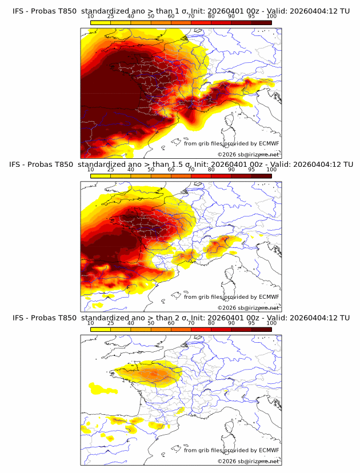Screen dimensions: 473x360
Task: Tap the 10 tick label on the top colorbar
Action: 90,17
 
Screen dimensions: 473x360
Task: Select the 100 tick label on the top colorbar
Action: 271,17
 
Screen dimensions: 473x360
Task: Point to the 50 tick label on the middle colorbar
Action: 151,170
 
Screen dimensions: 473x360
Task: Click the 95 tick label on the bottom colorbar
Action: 251,323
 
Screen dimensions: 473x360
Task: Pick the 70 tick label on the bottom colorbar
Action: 191,323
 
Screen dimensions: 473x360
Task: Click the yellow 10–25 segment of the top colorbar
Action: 101,22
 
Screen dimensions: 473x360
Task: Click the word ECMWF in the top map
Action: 269,143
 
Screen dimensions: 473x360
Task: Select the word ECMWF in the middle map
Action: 269,296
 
